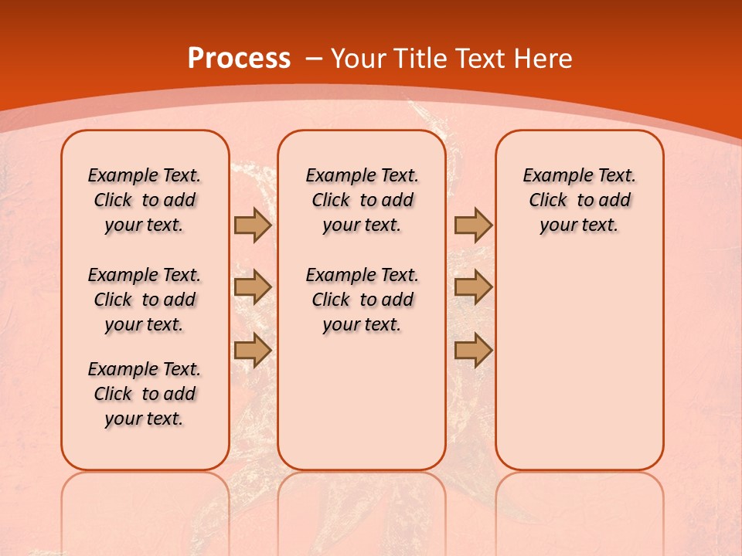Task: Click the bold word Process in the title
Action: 239,59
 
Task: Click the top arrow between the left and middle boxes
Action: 253,225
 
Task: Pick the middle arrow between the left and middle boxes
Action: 253,287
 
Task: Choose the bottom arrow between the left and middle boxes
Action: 253,351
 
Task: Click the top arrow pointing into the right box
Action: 473,225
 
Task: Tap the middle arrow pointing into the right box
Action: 473,287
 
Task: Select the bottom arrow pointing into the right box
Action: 473,351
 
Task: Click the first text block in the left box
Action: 145,200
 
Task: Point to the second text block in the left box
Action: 145,300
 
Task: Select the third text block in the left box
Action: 145,394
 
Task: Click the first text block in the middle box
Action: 362,200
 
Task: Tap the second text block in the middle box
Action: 362,300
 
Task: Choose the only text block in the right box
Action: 579,200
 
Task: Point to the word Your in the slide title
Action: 359,59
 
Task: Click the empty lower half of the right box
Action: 579,371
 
